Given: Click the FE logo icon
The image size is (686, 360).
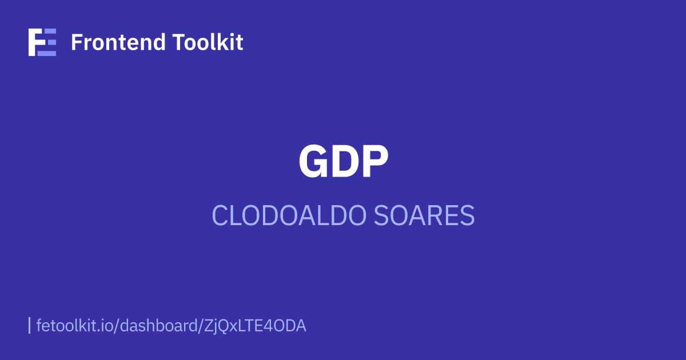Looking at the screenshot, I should [42, 42].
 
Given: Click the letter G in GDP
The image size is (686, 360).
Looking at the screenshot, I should [314, 162].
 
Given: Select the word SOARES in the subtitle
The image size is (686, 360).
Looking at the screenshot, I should [424, 216].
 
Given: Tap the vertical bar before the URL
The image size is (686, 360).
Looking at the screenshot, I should [29, 326].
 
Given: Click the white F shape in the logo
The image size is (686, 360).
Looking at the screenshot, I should [35, 42].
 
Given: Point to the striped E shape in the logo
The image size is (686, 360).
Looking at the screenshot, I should [49, 42].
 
